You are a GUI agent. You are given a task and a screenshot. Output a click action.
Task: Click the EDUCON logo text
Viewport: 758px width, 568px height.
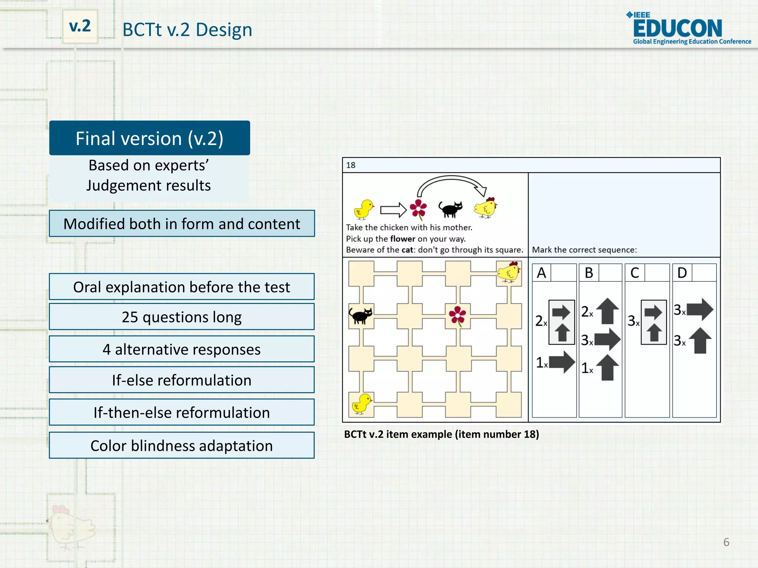pos(677,28)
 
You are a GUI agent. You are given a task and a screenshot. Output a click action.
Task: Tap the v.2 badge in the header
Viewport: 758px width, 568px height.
pos(80,26)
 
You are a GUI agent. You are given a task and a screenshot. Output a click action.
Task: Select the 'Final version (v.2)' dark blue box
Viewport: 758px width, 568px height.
pos(150,138)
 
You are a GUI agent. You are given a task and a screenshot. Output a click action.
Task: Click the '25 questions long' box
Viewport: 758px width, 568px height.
pos(182,317)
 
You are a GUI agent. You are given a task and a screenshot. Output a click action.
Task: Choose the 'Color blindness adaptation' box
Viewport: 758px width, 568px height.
pos(182,446)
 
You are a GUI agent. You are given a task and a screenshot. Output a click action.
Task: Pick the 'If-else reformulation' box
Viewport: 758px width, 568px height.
pos(182,380)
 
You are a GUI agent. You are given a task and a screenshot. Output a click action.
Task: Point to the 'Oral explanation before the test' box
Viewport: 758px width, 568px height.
pos(182,287)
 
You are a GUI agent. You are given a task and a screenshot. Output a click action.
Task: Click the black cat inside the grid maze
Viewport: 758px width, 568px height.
pos(360,315)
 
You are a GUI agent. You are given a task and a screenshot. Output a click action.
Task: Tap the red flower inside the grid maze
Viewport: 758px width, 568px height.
pos(458,315)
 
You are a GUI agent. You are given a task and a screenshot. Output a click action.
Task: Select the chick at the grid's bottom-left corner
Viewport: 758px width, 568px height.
pos(361,404)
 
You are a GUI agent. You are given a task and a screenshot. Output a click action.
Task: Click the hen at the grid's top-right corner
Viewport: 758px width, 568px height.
pos(509,273)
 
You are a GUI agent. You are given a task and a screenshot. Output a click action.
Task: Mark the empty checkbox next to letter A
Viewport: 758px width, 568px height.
pos(563,273)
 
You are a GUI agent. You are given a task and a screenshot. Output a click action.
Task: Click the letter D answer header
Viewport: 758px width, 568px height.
pos(682,273)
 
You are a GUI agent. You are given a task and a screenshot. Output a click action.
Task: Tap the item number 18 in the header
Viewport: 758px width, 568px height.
pos(351,165)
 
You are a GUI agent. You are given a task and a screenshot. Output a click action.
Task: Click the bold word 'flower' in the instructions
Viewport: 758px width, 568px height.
pos(402,239)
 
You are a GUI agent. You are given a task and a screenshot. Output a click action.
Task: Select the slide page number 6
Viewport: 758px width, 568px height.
pos(726,542)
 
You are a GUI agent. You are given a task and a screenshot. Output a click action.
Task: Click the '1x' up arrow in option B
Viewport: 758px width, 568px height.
pos(607,368)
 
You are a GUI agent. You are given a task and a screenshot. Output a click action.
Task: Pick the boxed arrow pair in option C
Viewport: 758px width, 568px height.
pos(654,322)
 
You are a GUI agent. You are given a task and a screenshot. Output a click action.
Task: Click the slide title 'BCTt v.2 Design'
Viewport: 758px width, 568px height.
pos(187,30)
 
